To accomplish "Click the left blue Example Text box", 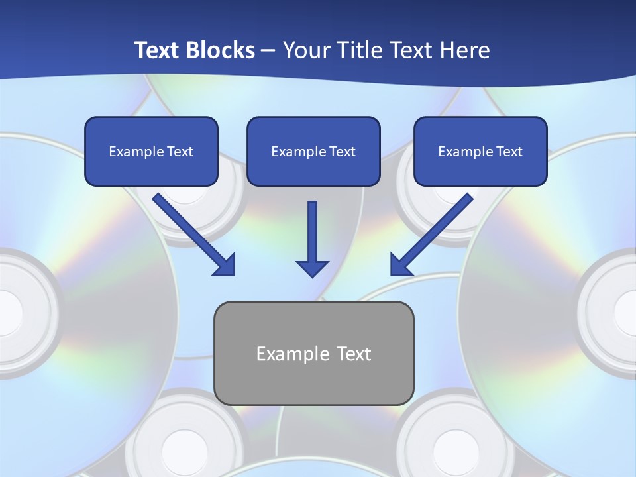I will click(151, 152).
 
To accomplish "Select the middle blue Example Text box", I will click(313, 152).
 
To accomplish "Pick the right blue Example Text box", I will click(480, 152).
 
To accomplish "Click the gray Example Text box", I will click(313, 353).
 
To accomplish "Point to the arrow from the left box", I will click(192, 233).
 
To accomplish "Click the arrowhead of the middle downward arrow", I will click(312, 268).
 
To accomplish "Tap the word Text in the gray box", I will click(354, 354).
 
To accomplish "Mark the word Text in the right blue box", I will click(509, 152).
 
